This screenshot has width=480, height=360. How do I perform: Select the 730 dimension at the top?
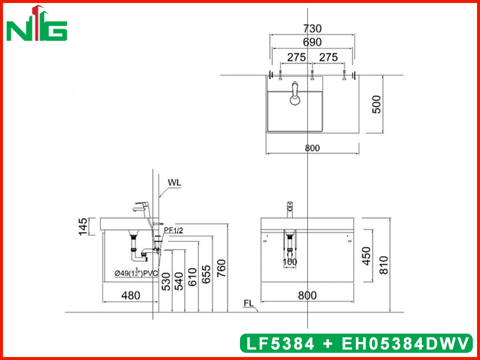pos(312,28)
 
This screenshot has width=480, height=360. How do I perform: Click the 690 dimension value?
pos(312,43)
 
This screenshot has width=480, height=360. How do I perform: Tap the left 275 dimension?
pos(296,57)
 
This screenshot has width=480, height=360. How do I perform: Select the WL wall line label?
pos(175,182)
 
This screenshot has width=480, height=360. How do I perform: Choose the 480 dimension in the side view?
pos(130,295)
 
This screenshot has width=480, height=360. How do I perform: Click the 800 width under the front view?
pos(307,295)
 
